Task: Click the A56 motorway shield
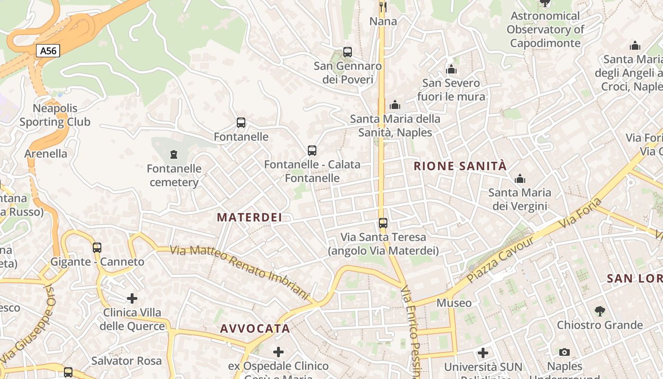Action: coord(48,51)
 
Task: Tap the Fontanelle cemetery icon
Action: coord(174,154)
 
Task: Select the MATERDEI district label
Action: coord(250,217)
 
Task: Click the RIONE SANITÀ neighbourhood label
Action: coord(460,166)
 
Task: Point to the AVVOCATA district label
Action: coord(255,328)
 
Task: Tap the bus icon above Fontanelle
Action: coord(241,123)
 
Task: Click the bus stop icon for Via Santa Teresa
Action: coord(383,223)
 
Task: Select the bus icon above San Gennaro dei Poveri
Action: coord(348,52)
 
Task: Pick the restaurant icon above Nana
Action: coord(383,7)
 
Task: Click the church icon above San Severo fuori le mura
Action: coord(451,70)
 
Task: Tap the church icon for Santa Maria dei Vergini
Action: coord(520,179)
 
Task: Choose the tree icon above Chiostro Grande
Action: coord(600,311)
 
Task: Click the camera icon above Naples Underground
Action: coord(564,352)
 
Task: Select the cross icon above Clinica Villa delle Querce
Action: coord(132,298)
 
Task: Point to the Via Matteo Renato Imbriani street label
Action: coord(239,271)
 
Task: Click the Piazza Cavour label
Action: coord(501,260)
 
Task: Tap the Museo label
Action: coord(454,303)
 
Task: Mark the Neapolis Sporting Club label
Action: coord(55,115)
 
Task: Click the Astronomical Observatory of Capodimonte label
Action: coord(545,29)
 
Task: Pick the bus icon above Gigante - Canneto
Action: coord(97,247)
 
